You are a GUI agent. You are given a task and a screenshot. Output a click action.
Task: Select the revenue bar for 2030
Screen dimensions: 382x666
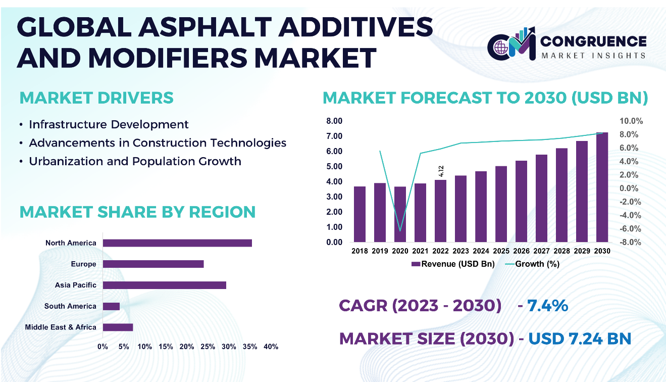(x=602, y=187)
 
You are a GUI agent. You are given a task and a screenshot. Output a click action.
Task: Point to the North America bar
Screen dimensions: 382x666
(x=177, y=243)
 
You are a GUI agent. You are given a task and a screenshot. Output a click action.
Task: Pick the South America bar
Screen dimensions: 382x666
(x=111, y=306)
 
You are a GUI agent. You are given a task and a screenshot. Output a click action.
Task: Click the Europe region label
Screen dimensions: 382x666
(x=83, y=264)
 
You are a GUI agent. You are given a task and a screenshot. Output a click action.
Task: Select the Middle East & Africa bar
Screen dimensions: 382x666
(x=118, y=327)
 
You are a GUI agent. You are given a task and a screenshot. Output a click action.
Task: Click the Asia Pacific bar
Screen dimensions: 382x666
(x=164, y=285)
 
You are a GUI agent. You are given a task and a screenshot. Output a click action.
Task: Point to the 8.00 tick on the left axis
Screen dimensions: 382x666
(x=334, y=121)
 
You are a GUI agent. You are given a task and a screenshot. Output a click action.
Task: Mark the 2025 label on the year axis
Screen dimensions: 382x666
(x=501, y=251)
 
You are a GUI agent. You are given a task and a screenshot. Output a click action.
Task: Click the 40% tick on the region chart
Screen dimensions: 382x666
(x=271, y=347)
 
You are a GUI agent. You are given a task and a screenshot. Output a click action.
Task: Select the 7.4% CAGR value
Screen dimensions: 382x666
(x=548, y=306)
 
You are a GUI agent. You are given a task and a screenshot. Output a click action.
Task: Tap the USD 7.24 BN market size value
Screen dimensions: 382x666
(x=580, y=338)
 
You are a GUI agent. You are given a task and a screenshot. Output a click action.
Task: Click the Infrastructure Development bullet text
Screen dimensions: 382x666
(x=109, y=124)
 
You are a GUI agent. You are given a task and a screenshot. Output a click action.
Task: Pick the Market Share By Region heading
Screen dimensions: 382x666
(x=137, y=212)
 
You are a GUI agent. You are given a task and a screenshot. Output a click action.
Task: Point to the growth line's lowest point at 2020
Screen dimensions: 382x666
(x=400, y=231)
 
